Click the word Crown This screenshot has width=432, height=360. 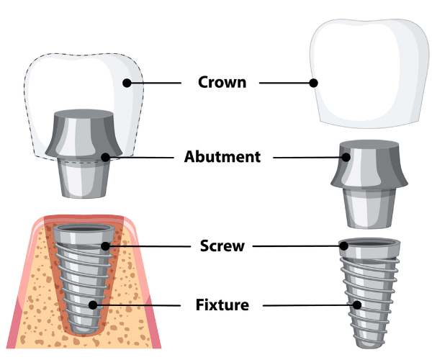tap(222, 82)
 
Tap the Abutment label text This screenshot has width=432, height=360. tap(222, 156)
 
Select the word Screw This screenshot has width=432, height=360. tap(222, 246)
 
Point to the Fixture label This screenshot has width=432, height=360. tap(222, 305)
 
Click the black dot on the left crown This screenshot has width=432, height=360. tap(127, 83)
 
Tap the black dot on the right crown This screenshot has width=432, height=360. tap(313, 83)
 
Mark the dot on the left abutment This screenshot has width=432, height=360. tap(106, 156)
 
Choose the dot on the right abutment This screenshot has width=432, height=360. tap(346, 156)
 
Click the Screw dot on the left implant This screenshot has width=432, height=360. tap(105, 246)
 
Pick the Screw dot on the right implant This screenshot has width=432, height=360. tap(344, 246)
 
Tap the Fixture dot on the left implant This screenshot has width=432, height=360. tap(93, 305)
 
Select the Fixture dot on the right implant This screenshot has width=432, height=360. tap(356, 305)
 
